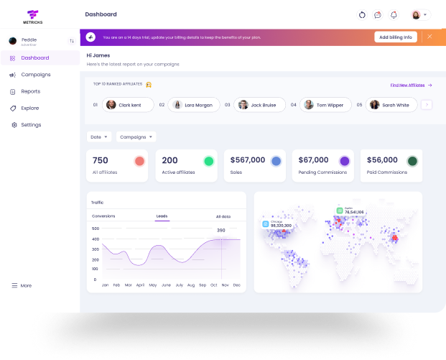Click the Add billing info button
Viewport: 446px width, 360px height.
[395, 37]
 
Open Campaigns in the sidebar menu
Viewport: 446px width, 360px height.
[35, 75]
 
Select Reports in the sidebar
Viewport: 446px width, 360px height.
[30, 91]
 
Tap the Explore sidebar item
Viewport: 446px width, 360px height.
[29, 108]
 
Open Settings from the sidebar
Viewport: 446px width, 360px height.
[31, 125]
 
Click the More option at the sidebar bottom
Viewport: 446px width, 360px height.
[25, 285]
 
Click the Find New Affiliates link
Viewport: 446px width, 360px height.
[408, 85]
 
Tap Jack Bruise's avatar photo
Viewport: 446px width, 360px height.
[243, 105]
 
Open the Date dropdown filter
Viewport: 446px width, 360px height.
[98, 137]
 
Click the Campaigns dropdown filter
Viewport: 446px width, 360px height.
[136, 137]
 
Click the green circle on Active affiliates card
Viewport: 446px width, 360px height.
[209, 161]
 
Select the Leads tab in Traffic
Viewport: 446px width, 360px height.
[162, 216]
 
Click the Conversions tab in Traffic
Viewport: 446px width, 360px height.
[103, 216]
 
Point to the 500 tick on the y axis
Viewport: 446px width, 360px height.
[95, 229]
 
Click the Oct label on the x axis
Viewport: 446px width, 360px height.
[213, 285]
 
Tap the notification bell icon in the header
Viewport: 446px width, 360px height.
[394, 14]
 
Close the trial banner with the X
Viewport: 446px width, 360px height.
[430, 36]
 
